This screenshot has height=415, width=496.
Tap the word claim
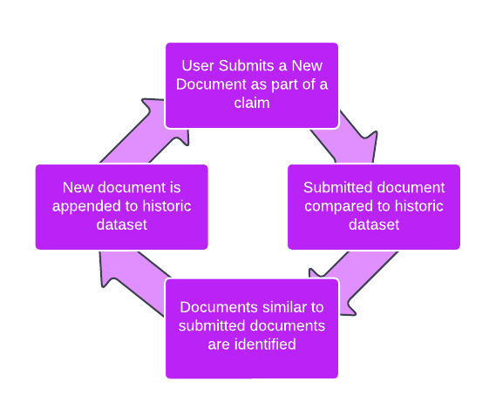[x=252, y=103]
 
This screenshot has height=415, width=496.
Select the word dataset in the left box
[x=122, y=224]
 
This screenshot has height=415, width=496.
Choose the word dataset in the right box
[x=374, y=224]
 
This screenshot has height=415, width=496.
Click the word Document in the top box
[x=211, y=84]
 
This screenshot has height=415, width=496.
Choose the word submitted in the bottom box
[x=208, y=325]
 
